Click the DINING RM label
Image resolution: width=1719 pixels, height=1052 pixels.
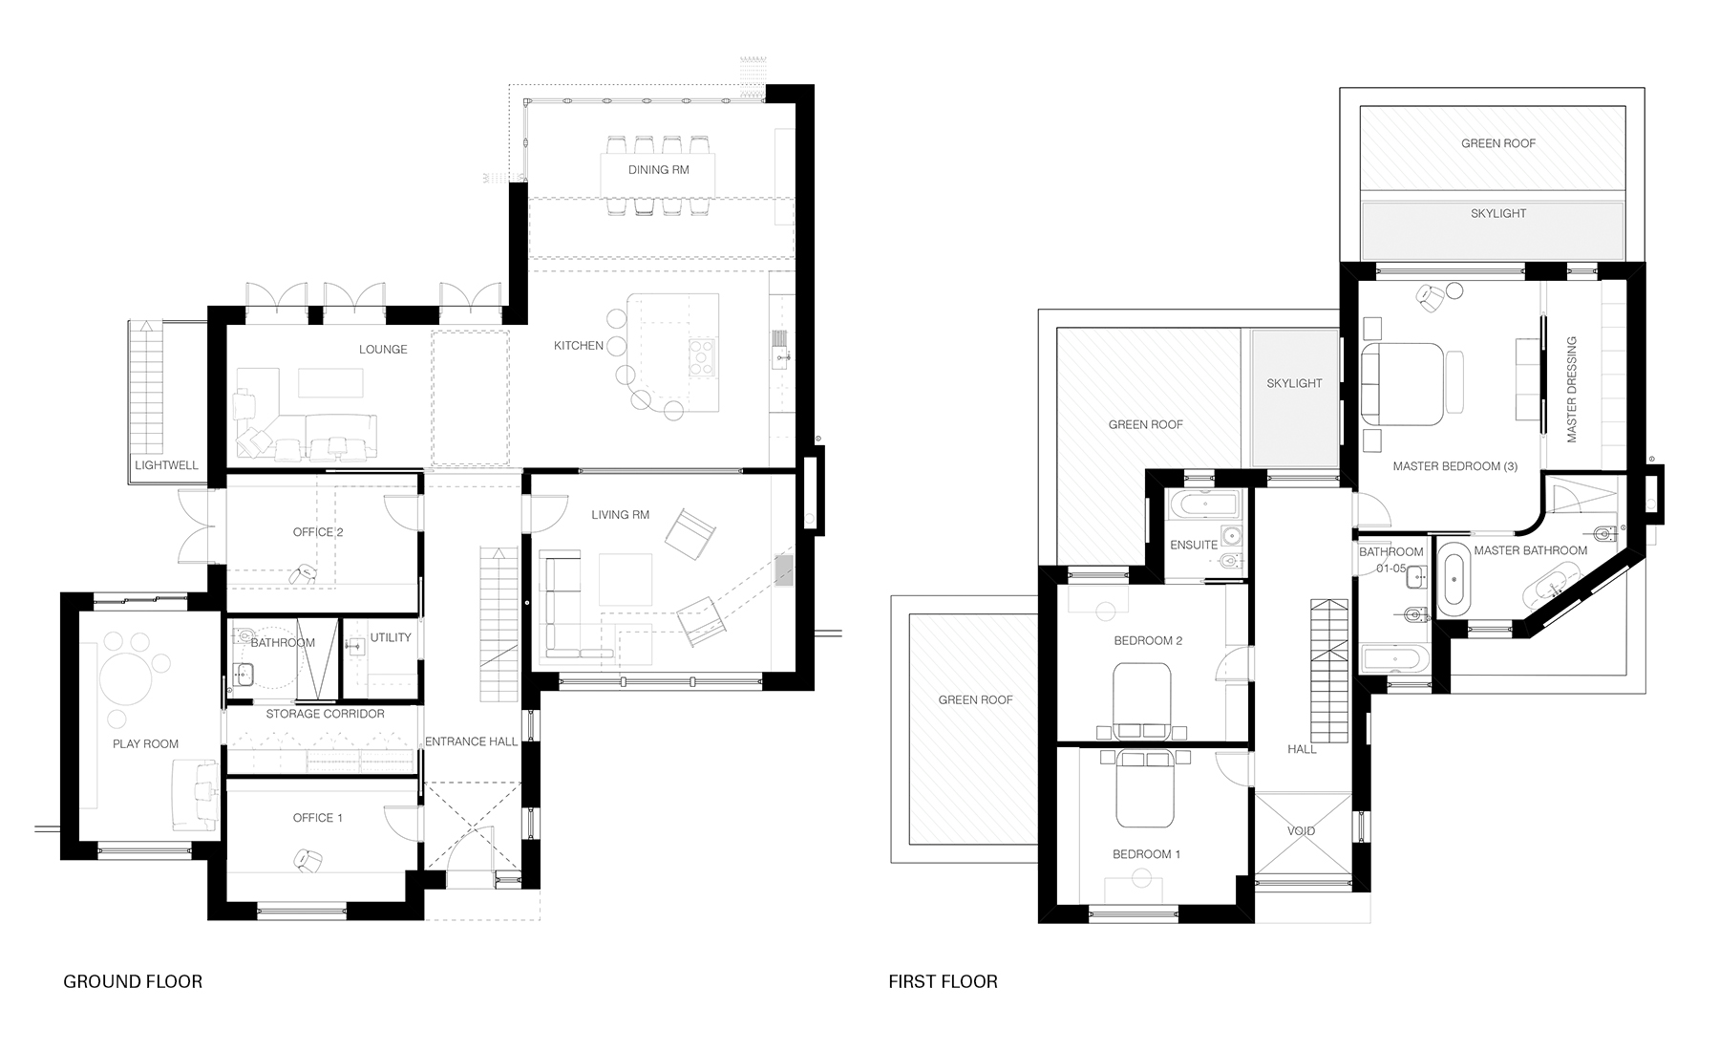click(x=658, y=170)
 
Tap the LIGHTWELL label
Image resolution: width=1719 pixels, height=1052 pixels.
click(x=166, y=465)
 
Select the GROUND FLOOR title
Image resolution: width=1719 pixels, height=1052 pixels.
click(x=133, y=981)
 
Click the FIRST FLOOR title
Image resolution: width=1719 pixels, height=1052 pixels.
click(x=943, y=981)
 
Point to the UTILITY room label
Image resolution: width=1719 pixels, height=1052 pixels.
click(x=390, y=637)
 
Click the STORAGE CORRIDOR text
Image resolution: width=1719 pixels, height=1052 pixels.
click(x=325, y=714)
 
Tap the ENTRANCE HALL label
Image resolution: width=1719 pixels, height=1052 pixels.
click(x=471, y=741)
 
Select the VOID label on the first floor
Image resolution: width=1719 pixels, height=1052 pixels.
click(x=1301, y=830)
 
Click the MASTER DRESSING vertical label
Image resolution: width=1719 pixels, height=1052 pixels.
click(x=1571, y=389)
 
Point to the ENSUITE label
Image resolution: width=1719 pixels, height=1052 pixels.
click(x=1194, y=545)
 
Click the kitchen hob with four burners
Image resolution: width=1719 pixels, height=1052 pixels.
click(x=702, y=358)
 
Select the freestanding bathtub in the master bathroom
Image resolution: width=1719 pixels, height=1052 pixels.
click(x=1454, y=578)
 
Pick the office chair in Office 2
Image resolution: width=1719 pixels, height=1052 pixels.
click(x=305, y=573)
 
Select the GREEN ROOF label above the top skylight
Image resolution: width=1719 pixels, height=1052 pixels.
click(x=1498, y=143)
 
